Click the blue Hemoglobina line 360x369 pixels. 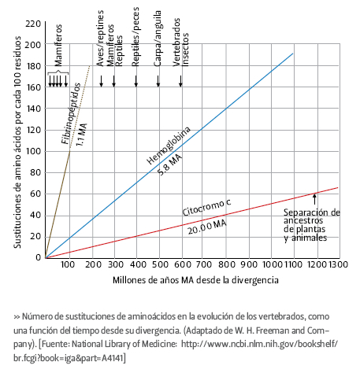pos(169,156)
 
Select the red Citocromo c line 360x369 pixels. pos(191,223)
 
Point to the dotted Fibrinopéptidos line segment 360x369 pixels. pos(80,108)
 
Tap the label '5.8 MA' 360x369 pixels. pos(169,164)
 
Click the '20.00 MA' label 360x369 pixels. pos(207,227)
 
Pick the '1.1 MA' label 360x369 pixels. pos(82,135)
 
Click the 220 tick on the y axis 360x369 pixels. pos(33,24)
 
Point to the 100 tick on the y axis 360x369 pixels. pos(34,151)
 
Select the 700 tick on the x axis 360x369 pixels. pos(204,264)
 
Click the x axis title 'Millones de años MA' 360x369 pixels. pos(154,280)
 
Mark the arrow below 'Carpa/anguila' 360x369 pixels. pos(158,81)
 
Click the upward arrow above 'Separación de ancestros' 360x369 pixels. pos(314,199)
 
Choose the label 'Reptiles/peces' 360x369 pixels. pos(135,37)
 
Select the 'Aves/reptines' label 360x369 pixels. pos(100,39)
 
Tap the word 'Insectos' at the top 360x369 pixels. pos(185,50)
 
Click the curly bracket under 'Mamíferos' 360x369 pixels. pos(58,73)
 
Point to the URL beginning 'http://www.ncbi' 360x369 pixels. pos(259,344)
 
